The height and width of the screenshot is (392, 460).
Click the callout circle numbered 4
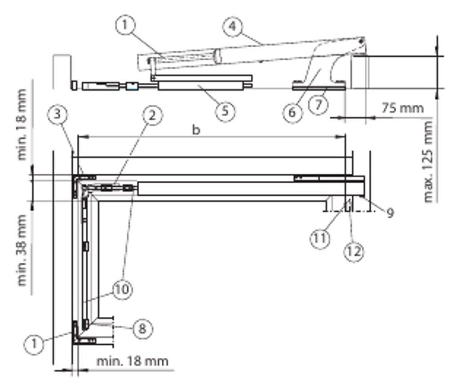231,26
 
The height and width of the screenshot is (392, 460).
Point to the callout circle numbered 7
318,105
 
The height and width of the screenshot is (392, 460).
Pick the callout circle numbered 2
152,115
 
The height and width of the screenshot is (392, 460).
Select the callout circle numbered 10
122,289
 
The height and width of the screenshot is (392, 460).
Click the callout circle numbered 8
142,328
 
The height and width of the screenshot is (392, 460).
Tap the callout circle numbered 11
319,238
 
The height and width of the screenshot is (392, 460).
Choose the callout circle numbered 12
354,252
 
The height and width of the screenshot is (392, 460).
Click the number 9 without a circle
389,212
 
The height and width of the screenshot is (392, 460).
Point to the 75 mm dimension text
402,108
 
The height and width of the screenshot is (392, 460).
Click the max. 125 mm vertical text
429,162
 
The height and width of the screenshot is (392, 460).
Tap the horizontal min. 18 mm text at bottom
133,360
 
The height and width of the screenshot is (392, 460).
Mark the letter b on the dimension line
196,130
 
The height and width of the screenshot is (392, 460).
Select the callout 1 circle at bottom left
33,345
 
